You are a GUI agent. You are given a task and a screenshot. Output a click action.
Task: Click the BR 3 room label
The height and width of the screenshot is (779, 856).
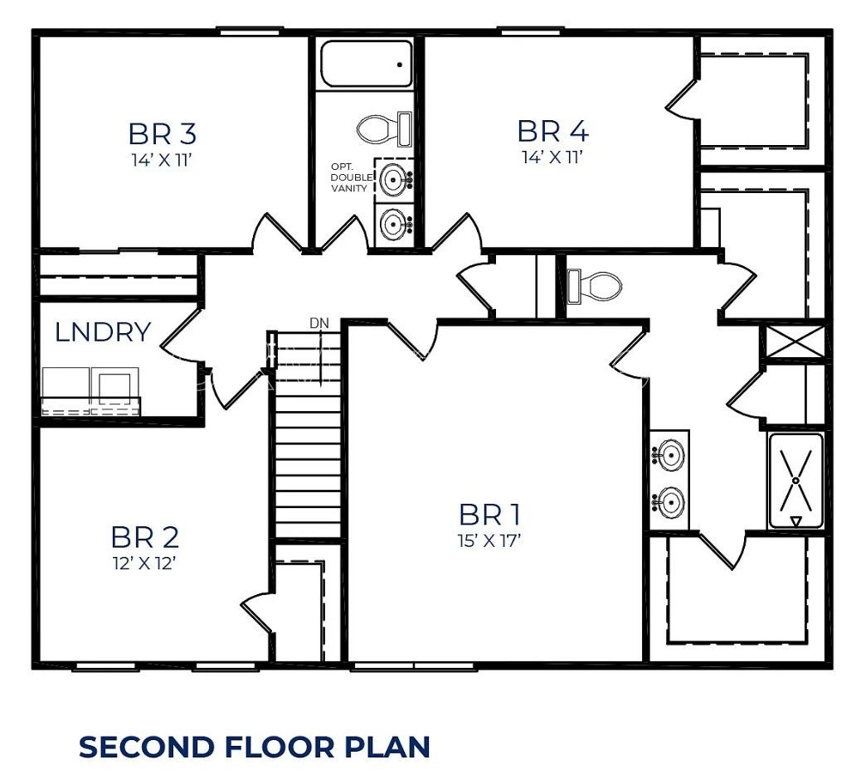tap(162, 133)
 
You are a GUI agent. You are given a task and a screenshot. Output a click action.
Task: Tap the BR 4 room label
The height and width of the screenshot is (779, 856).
tap(553, 132)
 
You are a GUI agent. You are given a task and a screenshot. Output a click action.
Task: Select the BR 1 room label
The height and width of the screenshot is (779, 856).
tap(489, 515)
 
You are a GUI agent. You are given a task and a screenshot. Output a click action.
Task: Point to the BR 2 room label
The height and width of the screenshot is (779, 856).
tap(144, 537)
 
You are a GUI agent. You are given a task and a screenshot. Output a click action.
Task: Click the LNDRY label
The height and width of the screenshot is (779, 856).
tap(103, 331)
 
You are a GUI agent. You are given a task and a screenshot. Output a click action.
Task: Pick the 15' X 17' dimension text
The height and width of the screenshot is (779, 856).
tap(489, 540)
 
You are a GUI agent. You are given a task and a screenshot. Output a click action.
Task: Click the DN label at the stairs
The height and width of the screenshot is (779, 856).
tap(319, 323)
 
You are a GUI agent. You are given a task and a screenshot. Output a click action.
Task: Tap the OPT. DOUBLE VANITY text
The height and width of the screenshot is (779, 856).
tap(352, 177)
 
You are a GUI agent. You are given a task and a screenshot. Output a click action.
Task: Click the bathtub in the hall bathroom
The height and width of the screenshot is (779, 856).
tap(367, 64)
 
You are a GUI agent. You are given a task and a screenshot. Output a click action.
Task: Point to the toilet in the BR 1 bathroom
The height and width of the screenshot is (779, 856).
tap(594, 286)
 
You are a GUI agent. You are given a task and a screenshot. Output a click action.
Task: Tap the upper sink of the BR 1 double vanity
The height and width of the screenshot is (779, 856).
tap(669, 453)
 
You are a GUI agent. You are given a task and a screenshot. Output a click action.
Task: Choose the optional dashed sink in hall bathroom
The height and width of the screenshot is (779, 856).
tap(394, 178)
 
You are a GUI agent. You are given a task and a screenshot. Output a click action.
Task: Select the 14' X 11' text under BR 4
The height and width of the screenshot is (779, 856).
tap(553, 157)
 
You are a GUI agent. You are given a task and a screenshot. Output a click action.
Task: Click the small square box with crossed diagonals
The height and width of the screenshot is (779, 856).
tap(795, 342)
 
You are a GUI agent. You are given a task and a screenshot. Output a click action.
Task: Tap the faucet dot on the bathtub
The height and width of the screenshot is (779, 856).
tap(400, 65)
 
